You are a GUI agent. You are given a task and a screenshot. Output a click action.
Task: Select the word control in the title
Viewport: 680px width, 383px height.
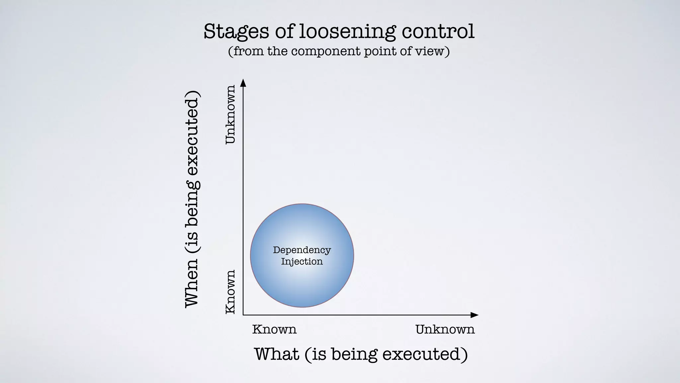438,31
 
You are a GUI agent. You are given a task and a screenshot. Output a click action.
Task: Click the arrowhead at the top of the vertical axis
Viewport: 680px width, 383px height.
243,82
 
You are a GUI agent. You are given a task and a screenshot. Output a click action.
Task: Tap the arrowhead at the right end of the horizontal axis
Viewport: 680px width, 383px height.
475,315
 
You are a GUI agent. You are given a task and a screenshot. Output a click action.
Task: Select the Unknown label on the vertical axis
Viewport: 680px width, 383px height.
230,114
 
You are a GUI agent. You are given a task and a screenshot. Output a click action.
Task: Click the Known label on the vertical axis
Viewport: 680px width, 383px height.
230,292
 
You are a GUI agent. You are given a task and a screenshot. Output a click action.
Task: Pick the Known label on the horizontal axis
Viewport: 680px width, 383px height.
274,329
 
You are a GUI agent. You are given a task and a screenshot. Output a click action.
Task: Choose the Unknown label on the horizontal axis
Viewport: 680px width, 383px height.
445,329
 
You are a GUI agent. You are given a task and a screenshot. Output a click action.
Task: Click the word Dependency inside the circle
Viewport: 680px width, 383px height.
302,250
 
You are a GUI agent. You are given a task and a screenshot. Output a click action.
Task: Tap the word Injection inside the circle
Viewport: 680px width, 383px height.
302,261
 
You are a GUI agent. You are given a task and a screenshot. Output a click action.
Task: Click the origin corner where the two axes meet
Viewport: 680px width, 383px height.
243,315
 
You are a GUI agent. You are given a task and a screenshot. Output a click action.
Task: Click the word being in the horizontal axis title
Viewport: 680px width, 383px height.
354,354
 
